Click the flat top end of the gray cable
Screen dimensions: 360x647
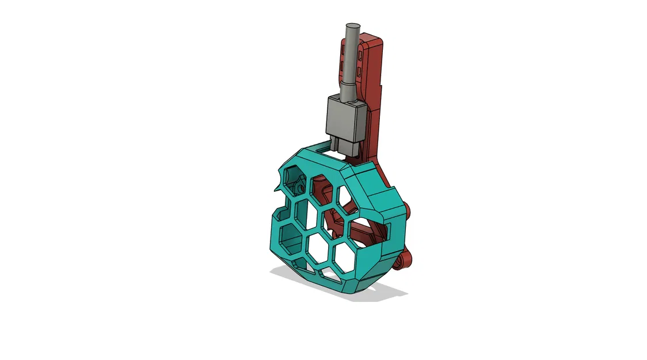(x=352, y=26)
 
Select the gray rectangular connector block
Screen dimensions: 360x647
(x=347, y=118)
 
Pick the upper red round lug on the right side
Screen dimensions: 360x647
(x=408, y=210)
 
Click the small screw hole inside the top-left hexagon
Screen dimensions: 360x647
(x=300, y=188)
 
